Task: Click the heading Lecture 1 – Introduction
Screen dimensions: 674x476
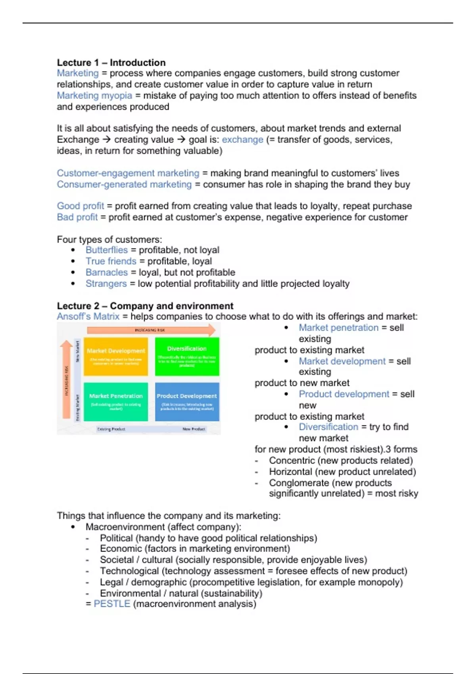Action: point(111,63)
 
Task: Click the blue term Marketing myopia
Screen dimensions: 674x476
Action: point(94,96)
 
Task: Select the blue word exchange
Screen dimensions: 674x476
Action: point(242,140)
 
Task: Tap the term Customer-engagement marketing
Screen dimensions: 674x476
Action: point(128,173)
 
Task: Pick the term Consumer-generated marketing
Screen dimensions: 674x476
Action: point(124,184)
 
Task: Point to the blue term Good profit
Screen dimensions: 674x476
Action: point(80,206)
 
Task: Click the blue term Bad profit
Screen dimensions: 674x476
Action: point(77,217)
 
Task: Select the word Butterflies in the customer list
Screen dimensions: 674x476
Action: point(106,250)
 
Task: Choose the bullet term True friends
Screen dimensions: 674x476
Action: point(111,261)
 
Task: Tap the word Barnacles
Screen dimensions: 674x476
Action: point(106,272)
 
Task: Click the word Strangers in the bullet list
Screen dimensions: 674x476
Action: point(106,283)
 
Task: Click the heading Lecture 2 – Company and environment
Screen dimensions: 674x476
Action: point(145,306)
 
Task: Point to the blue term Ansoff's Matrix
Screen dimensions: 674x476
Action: point(88,316)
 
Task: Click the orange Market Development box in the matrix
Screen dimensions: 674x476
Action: point(116,356)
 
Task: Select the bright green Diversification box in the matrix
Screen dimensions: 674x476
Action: point(187,356)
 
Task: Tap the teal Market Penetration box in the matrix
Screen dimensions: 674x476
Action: point(116,401)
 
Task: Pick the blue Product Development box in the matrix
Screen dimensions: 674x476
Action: point(187,401)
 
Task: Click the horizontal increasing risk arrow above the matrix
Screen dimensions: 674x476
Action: point(151,330)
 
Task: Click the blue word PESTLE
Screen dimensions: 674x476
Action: point(112,604)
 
